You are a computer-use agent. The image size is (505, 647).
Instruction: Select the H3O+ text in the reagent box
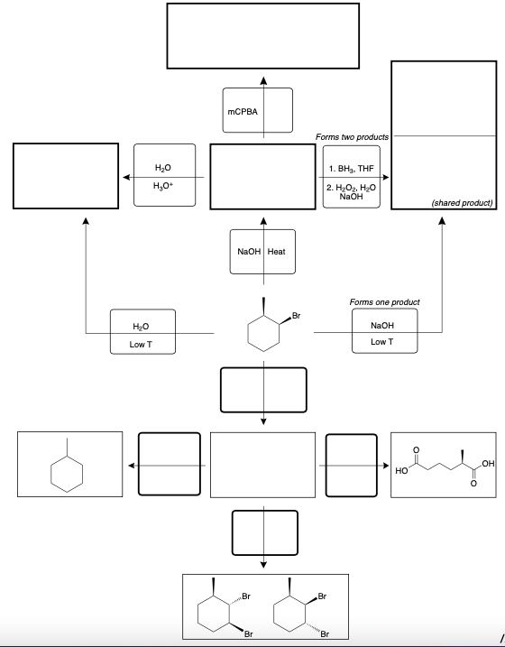pyautogui.click(x=163, y=185)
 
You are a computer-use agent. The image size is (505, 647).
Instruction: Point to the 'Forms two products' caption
pyautogui.click(x=352, y=136)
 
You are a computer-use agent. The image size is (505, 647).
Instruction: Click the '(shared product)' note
pyautogui.click(x=461, y=203)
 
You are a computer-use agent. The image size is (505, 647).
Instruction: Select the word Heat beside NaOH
pyautogui.click(x=276, y=252)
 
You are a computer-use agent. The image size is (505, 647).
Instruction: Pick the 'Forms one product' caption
pyautogui.click(x=383, y=301)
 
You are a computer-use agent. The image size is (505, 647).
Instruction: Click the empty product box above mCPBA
pyautogui.click(x=263, y=35)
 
